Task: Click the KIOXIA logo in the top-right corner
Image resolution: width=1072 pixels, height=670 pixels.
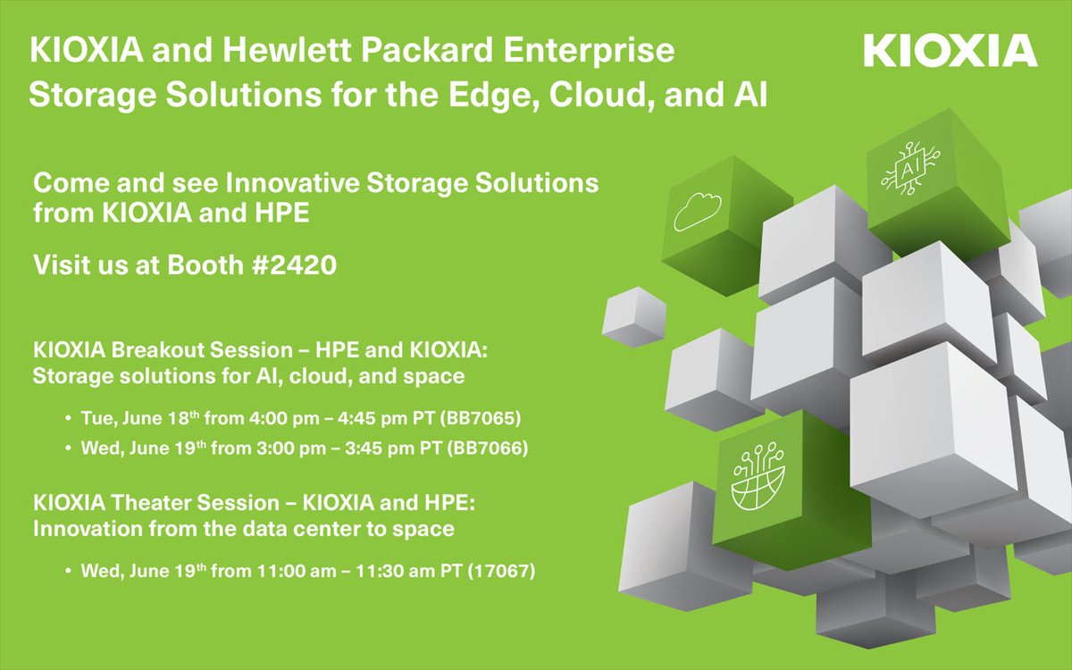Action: [x=951, y=51]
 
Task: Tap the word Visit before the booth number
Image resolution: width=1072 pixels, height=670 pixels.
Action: [x=60, y=265]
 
